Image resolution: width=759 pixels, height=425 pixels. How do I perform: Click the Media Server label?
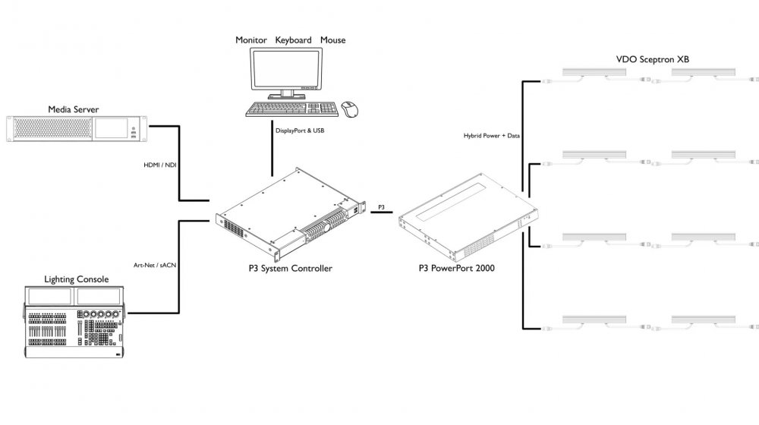tap(74, 109)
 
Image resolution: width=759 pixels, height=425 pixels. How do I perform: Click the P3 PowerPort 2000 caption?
tap(458, 269)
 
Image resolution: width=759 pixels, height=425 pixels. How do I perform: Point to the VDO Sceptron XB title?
tap(652, 58)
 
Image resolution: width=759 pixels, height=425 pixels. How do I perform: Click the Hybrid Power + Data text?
tap(492, 137)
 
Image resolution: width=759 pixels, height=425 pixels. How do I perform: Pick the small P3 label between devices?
tap(382, 206)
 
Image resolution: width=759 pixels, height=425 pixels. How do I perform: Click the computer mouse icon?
tap(350, 109)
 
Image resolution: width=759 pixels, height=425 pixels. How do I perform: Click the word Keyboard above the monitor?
tap(293, 39)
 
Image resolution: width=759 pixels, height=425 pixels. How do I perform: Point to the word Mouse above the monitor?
tap(332, 39)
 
